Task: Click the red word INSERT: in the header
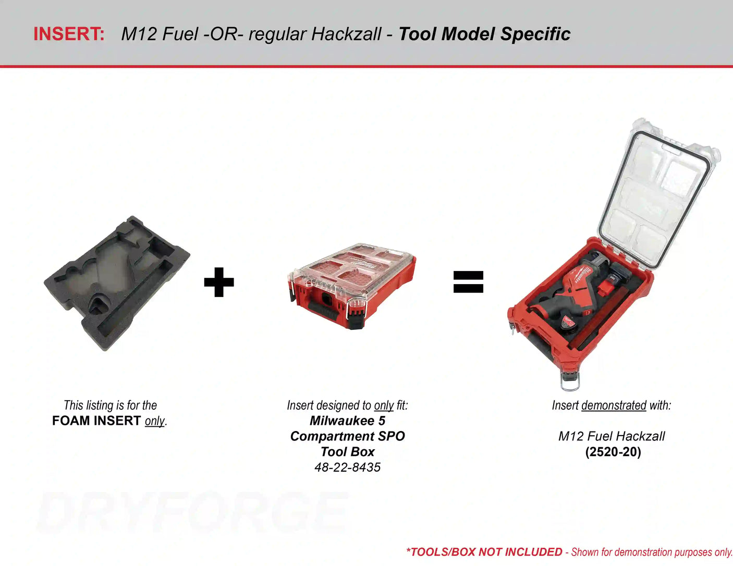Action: click(69, 34)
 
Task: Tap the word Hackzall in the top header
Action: click(346, 34)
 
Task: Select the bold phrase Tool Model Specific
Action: click(484, 34)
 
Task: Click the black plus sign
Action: click(219, 282)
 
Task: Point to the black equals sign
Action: click(468, 282)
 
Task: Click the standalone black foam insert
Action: click(117, 282)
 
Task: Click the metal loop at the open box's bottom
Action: click(570, 381)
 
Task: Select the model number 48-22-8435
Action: click(347, 467)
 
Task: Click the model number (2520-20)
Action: click(613, 452)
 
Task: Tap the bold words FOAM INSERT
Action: click(96, 421)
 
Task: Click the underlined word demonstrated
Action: click(614, 405)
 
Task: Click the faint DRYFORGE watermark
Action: click(192, 512)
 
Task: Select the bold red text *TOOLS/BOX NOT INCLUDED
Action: click(484, 552)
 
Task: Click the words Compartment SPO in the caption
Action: click(347, 436)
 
